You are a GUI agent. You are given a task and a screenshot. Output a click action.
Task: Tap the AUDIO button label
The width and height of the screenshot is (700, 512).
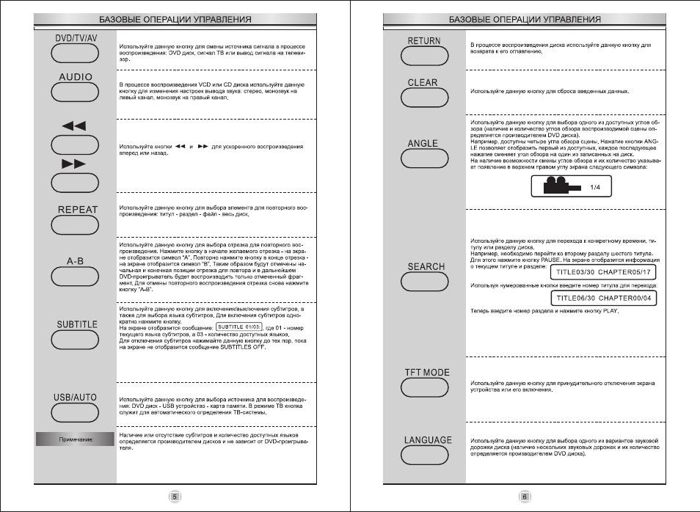point(76,76)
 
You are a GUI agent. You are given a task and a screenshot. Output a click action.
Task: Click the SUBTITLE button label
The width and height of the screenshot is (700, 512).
point(76,323)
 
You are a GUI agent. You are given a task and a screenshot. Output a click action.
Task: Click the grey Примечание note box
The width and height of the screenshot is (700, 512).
point(76,439)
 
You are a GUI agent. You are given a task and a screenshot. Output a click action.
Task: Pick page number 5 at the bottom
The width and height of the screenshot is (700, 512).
point(175,497)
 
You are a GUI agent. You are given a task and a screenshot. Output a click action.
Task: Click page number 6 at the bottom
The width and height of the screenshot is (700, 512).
point(525,497)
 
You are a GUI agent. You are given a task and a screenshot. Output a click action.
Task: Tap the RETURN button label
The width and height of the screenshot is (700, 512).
point(424,41)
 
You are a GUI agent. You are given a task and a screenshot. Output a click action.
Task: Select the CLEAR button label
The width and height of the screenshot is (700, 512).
point(423,83)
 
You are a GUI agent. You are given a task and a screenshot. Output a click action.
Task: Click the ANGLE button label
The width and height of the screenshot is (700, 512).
point(423,143)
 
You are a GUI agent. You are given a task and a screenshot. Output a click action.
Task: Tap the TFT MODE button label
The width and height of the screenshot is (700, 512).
point(427,373)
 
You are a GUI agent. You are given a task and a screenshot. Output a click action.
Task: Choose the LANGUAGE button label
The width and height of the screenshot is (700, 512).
point(429,440)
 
